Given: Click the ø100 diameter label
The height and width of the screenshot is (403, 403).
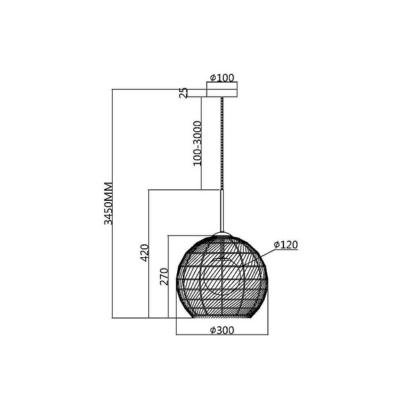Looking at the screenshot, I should coord(222,78).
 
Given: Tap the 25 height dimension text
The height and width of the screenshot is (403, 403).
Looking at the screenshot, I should coord(184,93).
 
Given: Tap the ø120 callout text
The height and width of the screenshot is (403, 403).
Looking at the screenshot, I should coord(286,244).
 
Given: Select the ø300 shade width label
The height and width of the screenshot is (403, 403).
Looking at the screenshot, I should coord(221,330).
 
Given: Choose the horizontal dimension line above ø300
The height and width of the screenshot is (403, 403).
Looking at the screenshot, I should coord(221,336).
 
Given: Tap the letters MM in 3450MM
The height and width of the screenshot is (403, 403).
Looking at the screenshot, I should coord(109,191).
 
